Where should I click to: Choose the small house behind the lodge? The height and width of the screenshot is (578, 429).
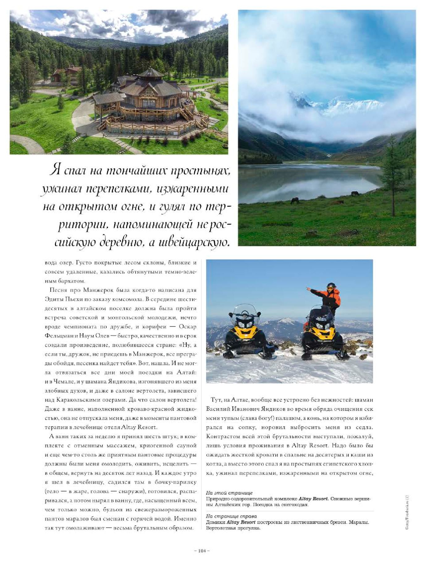(67, 74)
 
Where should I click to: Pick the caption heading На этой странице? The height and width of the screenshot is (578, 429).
(229, 493)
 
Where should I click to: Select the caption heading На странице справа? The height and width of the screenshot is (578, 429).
(231, 516)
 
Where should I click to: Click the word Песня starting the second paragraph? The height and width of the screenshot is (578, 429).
(58, 290)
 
